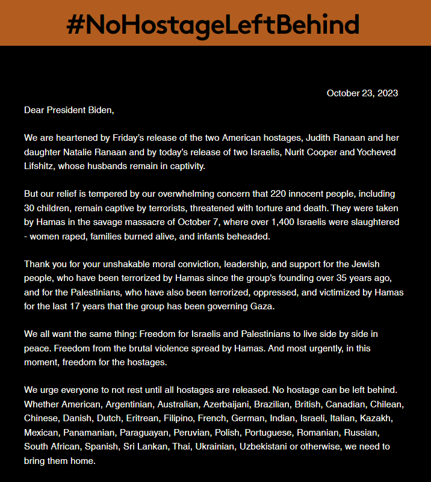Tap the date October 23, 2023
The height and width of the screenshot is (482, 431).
pyautogui.click(x=362, y=93)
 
